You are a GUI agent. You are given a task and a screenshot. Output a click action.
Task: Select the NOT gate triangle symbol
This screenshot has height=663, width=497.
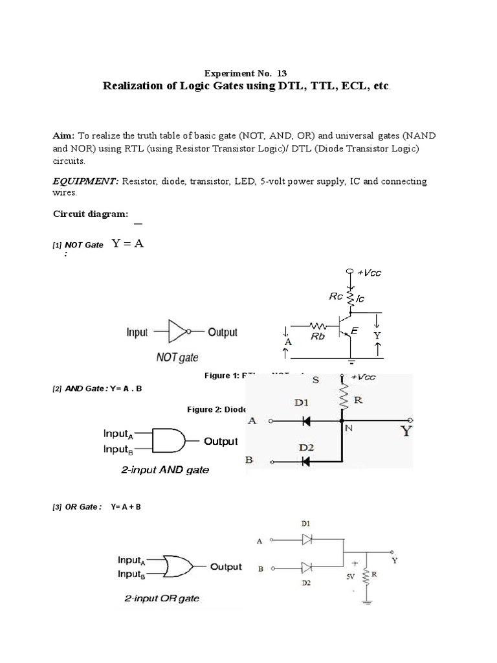[177, 333]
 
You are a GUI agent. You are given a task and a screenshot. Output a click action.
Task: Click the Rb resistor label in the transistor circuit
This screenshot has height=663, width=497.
[317, 336]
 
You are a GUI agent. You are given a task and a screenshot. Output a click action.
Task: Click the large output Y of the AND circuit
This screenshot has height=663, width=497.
[406, 430]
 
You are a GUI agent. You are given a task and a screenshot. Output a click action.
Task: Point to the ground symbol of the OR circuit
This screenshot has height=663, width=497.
[367, 602]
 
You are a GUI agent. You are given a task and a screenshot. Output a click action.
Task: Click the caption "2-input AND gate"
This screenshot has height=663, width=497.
[165, 470]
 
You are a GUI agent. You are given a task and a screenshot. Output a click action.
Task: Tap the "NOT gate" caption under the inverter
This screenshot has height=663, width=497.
[177, 357]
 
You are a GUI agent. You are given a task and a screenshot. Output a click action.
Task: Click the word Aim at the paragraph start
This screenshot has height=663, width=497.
[63, 136]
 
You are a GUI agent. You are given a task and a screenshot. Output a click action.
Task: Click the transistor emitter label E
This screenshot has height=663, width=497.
[353, 331]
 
